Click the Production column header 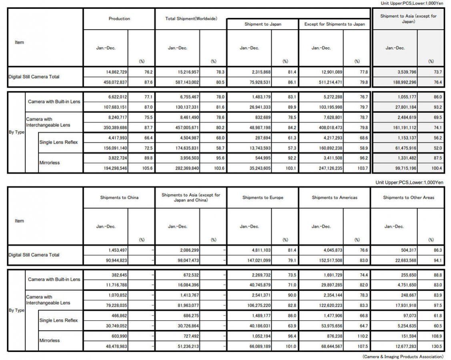click(119, 19)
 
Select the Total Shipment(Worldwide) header click(191, 19)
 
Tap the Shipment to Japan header click(263, 24)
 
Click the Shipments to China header click(119, 198)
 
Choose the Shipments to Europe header click(263, 198)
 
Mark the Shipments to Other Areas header click(408, 198)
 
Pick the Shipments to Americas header click(335, 198)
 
